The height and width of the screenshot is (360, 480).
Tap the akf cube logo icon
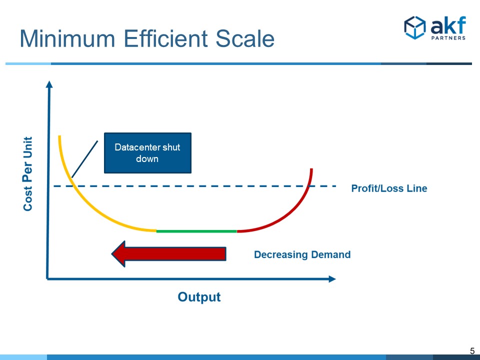pos(414,27)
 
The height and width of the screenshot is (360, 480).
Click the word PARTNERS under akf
pos(448,37)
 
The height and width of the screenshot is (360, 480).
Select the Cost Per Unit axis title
pos(28,173)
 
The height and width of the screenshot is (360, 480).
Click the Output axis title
pos(199,297)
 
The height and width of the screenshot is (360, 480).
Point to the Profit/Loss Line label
pos(389,188)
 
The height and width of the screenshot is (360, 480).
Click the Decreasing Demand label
pos(302,254)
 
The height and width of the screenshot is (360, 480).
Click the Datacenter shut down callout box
pos(147,152)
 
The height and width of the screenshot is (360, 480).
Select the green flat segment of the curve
pos(196,231)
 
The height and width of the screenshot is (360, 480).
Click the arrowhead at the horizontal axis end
pos(332,278)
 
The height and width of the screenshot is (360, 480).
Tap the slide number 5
pos(471,351)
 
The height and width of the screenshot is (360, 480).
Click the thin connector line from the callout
pos(85,158)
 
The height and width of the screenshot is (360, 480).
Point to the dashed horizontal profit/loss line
pos(200,186)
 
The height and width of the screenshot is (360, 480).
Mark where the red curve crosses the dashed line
pos(309,186)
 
